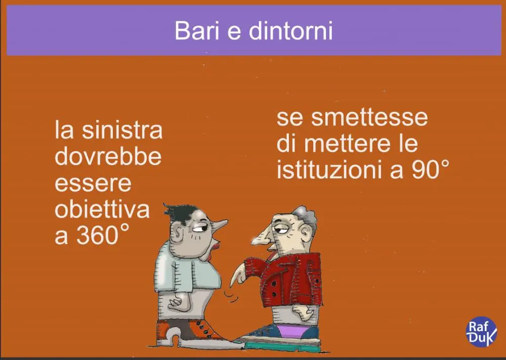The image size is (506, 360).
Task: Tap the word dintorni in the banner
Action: click(290, 30)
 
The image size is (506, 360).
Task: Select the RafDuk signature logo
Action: click(482, 332)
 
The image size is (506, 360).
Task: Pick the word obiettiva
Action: click(102, 210)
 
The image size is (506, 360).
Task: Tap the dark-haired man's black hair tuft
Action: click(179, 213)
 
